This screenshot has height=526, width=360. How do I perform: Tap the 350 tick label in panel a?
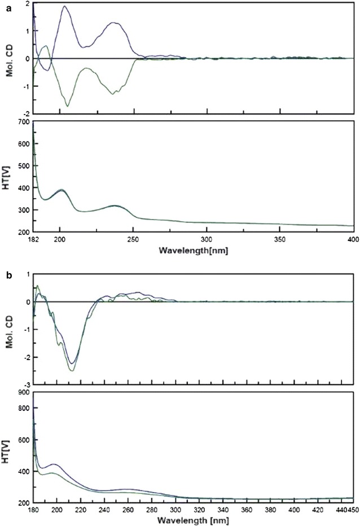(280, 239)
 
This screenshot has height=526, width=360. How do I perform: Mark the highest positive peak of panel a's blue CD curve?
(64, 6)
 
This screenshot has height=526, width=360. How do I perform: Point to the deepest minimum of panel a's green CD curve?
(68, 106)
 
